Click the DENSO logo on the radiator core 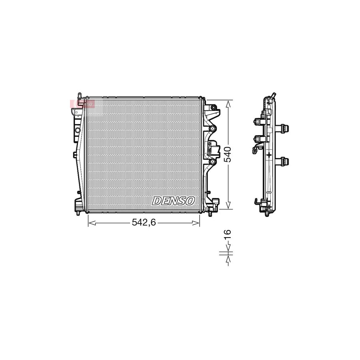pos(173,201)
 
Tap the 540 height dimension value pos(228,154)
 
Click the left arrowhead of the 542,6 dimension pos(90,223)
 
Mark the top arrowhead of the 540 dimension pos(228,103)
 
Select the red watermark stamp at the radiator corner pos(82,104)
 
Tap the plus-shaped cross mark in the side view pos(269,154)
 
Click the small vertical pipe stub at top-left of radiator pos(80,95)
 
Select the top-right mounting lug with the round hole pos(214,108)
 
